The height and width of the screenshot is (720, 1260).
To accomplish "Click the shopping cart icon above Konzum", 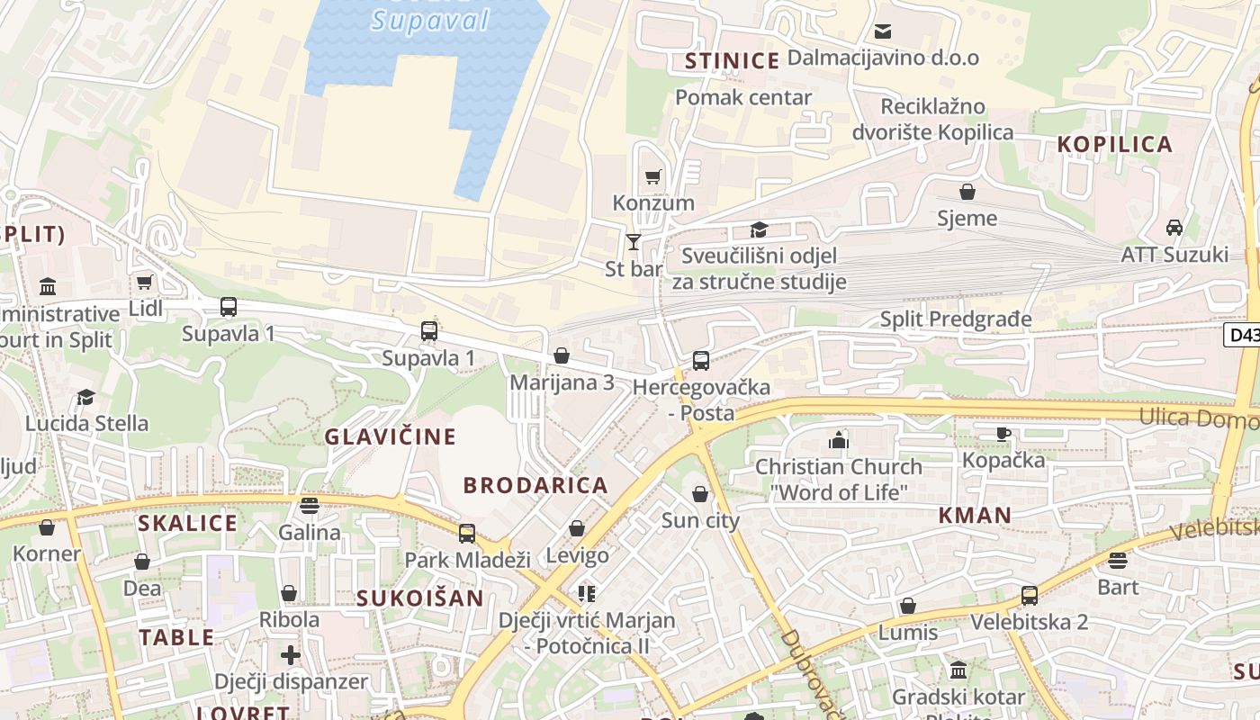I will pos(653,176).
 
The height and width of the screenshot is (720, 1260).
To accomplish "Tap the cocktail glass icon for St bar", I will pos(634,242).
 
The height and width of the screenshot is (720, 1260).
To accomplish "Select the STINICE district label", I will pos(732,61).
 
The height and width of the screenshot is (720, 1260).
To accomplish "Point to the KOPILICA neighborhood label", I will pos(1114,144).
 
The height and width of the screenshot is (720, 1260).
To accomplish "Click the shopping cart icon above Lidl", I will pos(145,283).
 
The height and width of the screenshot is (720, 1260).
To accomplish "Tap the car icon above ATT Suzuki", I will pos(1174,228).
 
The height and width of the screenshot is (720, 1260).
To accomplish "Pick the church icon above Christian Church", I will pos(839,440).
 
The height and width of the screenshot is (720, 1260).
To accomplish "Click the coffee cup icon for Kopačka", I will pos(1003,434).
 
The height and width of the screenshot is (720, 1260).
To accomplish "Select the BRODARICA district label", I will pos(535,485).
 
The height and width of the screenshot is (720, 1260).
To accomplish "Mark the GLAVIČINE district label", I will pos(391,437).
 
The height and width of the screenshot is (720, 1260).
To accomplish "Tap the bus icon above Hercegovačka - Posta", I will pos(701,361).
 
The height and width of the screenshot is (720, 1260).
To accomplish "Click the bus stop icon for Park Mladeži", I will pos(466,534).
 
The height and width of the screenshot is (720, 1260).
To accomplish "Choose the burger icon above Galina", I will pos(310,506).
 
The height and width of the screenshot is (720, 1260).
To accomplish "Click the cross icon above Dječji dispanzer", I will pos(290,654).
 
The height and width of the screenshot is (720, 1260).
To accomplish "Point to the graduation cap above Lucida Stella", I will pos(86,397).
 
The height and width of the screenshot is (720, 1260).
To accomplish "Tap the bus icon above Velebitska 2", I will pos(1029,596).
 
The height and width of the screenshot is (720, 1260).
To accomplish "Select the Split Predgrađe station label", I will pos(956,319).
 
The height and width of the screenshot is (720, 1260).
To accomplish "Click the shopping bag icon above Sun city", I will pos(700,494).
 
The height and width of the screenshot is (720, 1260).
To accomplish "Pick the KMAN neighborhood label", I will pos(975,516).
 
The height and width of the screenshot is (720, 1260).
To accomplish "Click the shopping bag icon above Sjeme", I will pos(967,192).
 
